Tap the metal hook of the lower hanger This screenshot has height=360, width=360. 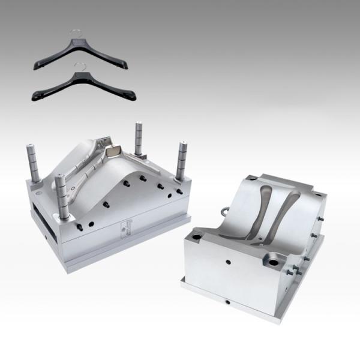(x=77, y=66)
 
